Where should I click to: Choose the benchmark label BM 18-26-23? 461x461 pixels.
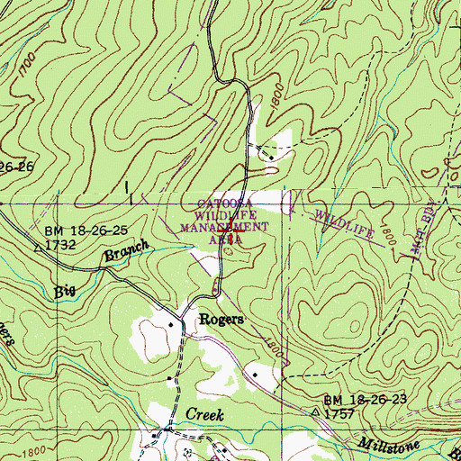pyautogui.click(x=361, y=398)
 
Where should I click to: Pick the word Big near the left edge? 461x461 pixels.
pyautogui.click(x=65, y=291)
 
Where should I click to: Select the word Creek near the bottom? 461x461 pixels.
pyautogui.click(x=203, y=413)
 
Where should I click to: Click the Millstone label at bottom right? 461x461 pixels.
pyautogui.click(x=387, y=444)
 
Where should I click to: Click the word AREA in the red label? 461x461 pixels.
pyautogui.click(x=225, y=240)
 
